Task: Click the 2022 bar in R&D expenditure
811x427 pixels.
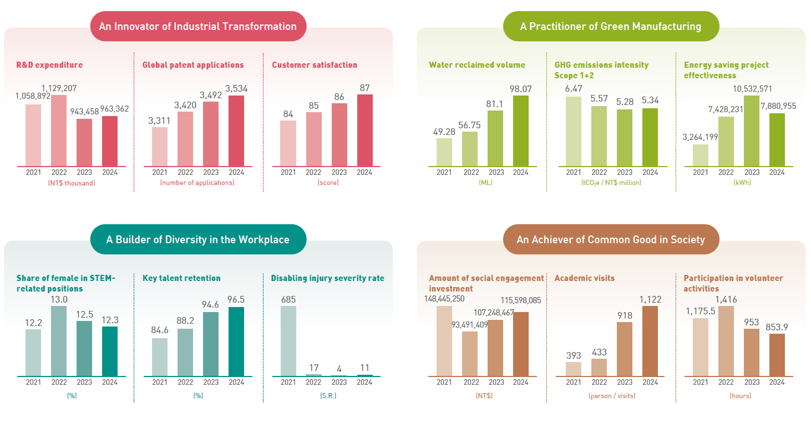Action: [59, 130]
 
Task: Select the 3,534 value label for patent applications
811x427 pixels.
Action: [236, 88]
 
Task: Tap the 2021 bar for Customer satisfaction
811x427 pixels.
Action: [288, 143]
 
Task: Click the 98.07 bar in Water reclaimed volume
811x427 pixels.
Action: [521, 130]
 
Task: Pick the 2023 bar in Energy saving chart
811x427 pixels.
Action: [752, 130]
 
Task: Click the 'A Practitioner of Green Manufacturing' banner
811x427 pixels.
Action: [610, 26]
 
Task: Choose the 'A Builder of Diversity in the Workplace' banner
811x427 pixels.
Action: [198, 239]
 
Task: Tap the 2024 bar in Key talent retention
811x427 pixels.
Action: [236, 341]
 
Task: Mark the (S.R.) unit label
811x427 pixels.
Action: [327, 396]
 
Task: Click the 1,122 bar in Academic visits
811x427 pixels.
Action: [650, 341]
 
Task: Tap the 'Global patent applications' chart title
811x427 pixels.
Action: [193, 65]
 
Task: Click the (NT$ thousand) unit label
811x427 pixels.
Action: [72, 183]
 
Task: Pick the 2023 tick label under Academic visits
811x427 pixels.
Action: [625, 382]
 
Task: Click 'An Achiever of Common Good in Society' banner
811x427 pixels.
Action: [611, 239]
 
